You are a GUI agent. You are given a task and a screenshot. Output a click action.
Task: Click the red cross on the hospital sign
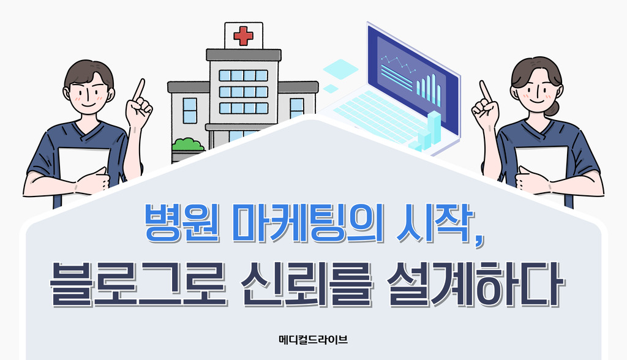[x=243, y=36]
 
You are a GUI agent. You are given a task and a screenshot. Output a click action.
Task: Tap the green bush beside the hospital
[x=187, y=144]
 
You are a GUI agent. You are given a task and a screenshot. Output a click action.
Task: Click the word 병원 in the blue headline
[x=182, y=223]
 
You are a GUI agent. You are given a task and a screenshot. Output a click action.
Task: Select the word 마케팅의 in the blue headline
[x=308, y=223]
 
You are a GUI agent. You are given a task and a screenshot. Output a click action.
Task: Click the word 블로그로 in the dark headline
[x=138, y=283]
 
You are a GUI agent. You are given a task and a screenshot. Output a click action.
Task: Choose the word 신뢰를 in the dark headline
[x=307, y=283]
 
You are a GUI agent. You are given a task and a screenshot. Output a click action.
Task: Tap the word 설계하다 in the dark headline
[x=475, y=283]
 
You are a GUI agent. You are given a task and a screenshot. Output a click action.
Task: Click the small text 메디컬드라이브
[x=313, y=340]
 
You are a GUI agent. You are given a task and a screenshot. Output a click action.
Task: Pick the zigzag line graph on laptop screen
[x=398, y=65]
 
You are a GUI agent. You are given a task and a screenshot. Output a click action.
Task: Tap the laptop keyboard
[x=376, y=116]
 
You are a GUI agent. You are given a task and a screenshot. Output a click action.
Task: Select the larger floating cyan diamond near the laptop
[x=340, y=69]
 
